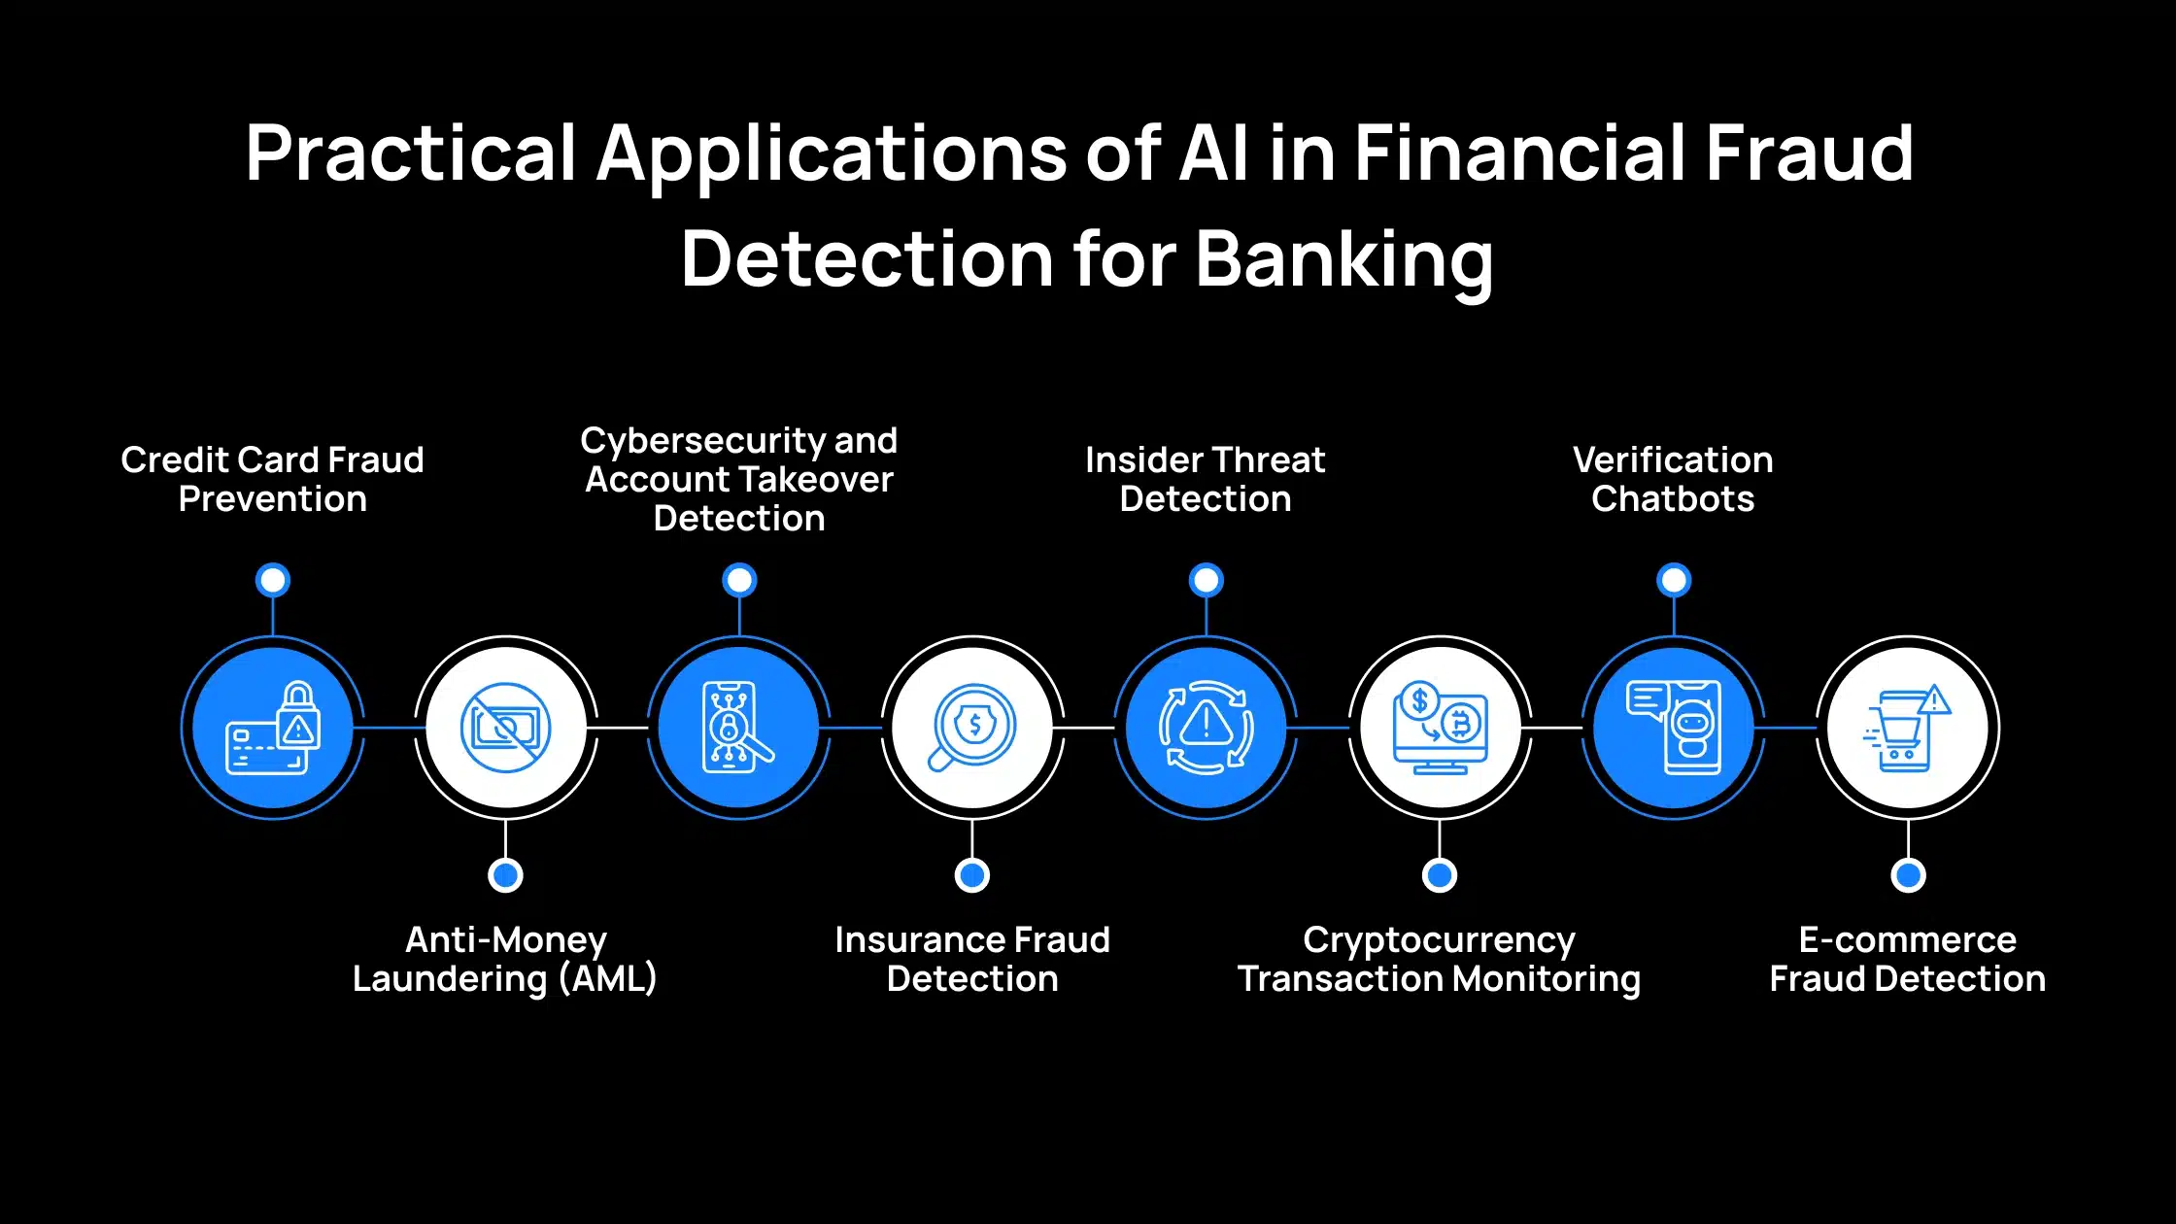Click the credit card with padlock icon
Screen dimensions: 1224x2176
273,728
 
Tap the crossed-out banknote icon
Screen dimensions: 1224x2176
505,728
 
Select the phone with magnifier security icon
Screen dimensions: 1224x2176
739,728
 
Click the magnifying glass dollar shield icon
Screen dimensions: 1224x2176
972,728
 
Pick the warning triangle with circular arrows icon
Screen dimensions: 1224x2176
1206,728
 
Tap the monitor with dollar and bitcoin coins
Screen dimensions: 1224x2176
1440,728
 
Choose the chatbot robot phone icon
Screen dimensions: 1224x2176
1674,728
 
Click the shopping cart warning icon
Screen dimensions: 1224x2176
1908,728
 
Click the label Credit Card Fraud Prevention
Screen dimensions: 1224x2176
272,479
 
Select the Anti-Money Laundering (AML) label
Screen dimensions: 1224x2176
505,959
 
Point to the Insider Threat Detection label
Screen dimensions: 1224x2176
1206,479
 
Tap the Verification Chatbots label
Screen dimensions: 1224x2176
1673,479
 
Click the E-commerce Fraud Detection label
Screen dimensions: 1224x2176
1908,959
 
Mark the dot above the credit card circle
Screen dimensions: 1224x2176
273,580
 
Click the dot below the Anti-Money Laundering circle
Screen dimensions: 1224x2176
505,875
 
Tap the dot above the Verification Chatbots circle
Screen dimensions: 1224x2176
1674,580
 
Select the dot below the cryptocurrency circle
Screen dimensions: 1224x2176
1440,875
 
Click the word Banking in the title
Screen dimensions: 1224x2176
1344,259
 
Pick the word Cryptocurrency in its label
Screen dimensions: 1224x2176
1439,939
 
